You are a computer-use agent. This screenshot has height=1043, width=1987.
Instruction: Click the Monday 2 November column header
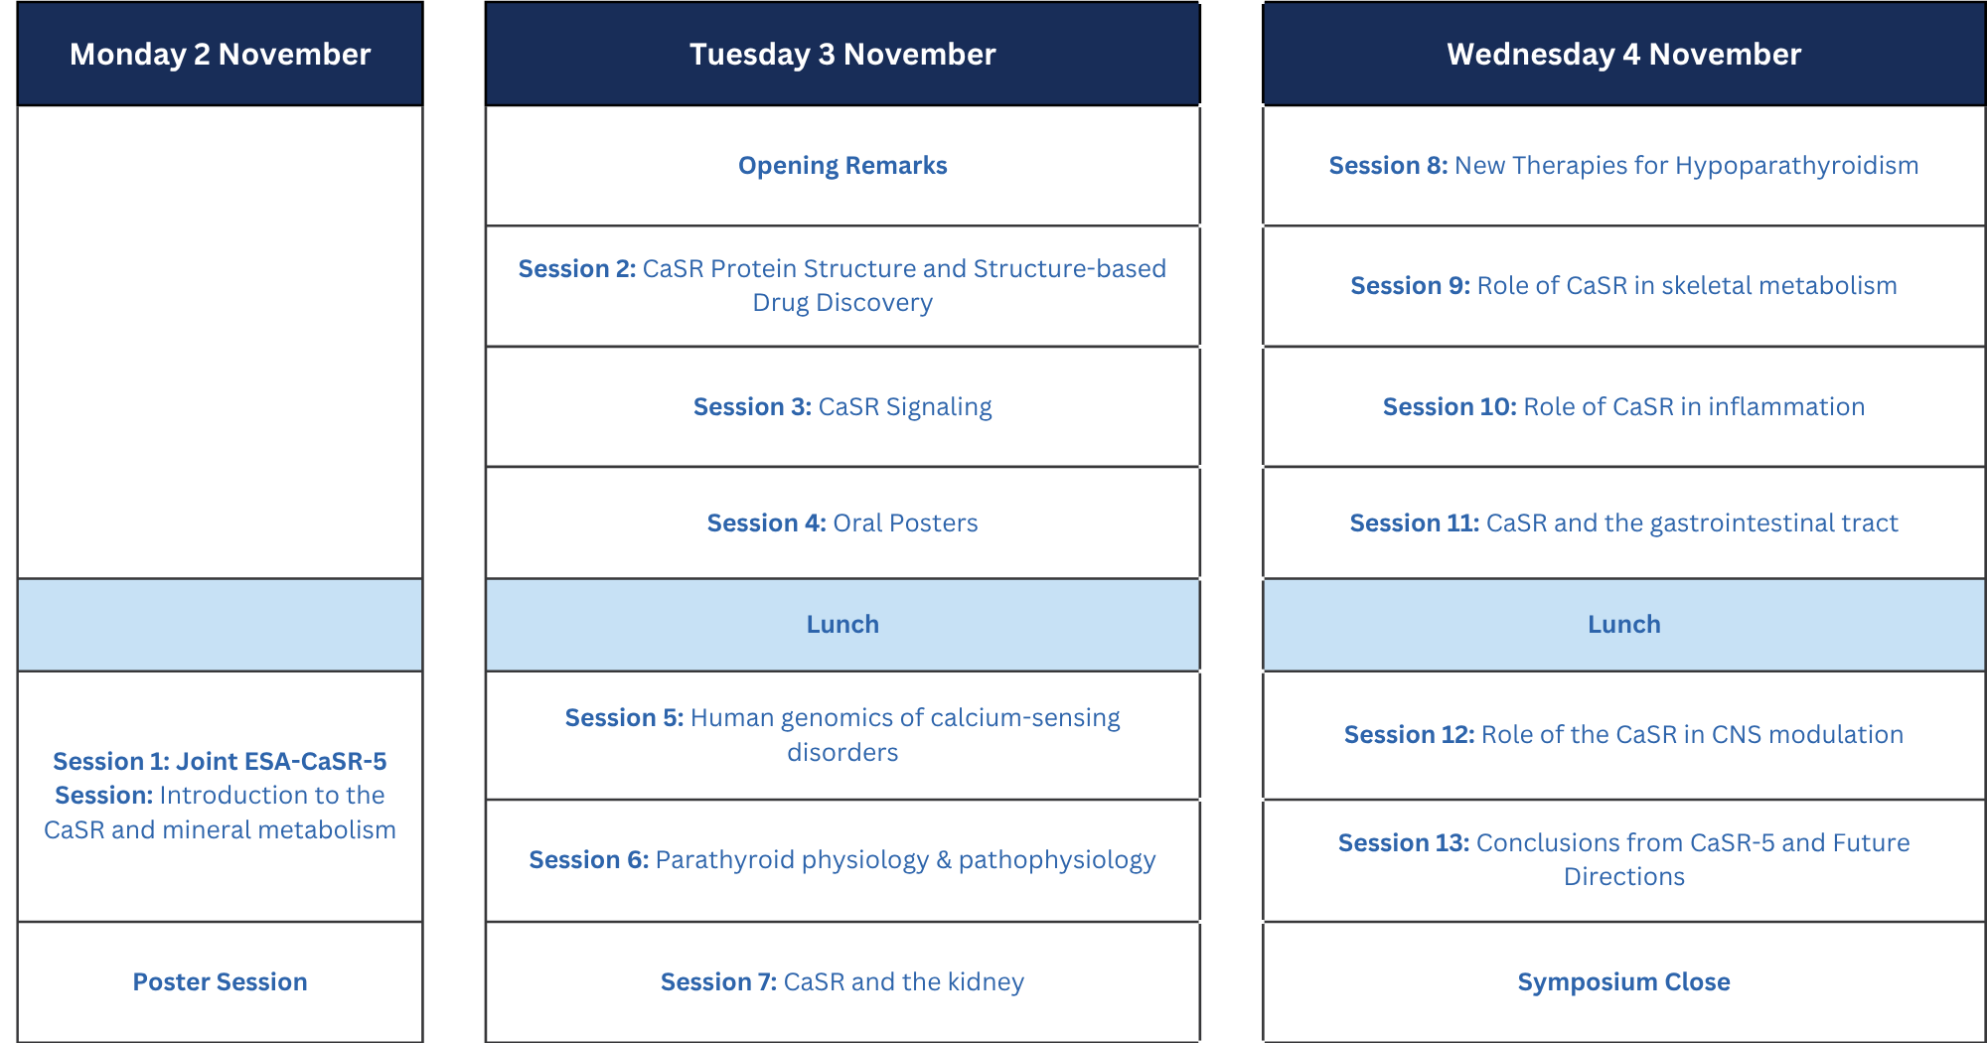point(220,54)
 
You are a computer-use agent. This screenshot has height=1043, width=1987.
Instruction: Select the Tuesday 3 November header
point(842,54)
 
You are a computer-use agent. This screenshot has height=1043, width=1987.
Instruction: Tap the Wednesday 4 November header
point(1623,54)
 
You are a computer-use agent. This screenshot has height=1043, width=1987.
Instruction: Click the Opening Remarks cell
point(842,166)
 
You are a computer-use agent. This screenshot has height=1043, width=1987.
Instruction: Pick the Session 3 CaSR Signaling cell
point(842,406)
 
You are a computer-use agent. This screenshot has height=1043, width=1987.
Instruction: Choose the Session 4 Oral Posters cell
point(842,522)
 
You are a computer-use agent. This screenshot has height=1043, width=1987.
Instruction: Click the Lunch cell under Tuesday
point(842,625)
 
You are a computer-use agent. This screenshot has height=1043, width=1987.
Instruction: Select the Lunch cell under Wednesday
point(1623,625)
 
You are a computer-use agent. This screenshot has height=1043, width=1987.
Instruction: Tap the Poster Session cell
point(220,981)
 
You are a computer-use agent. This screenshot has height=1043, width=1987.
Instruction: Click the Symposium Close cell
point(1623,981)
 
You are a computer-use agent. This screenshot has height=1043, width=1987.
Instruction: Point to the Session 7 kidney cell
point(842,981)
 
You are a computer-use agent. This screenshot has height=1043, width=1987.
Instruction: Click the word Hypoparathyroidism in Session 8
point(1796,166)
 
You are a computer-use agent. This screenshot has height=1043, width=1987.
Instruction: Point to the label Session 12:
point(1409,735)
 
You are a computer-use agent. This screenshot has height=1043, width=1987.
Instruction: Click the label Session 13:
point(1403,843)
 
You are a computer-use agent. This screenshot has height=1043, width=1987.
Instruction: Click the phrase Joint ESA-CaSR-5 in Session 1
point(281,761)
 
